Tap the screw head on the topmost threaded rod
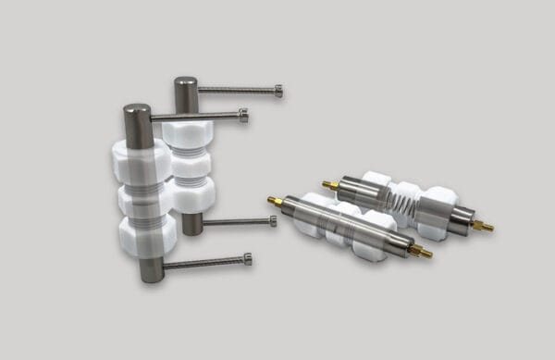click(278, 91)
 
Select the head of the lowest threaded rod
click(247, 259)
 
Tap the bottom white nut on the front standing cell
click(146, 236)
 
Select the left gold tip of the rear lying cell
click(329, 185)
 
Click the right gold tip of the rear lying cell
click(482, 225)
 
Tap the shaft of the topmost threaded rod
click(236, 90)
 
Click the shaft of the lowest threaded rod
click(203, 263)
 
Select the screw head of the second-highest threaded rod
click(243, 116)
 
